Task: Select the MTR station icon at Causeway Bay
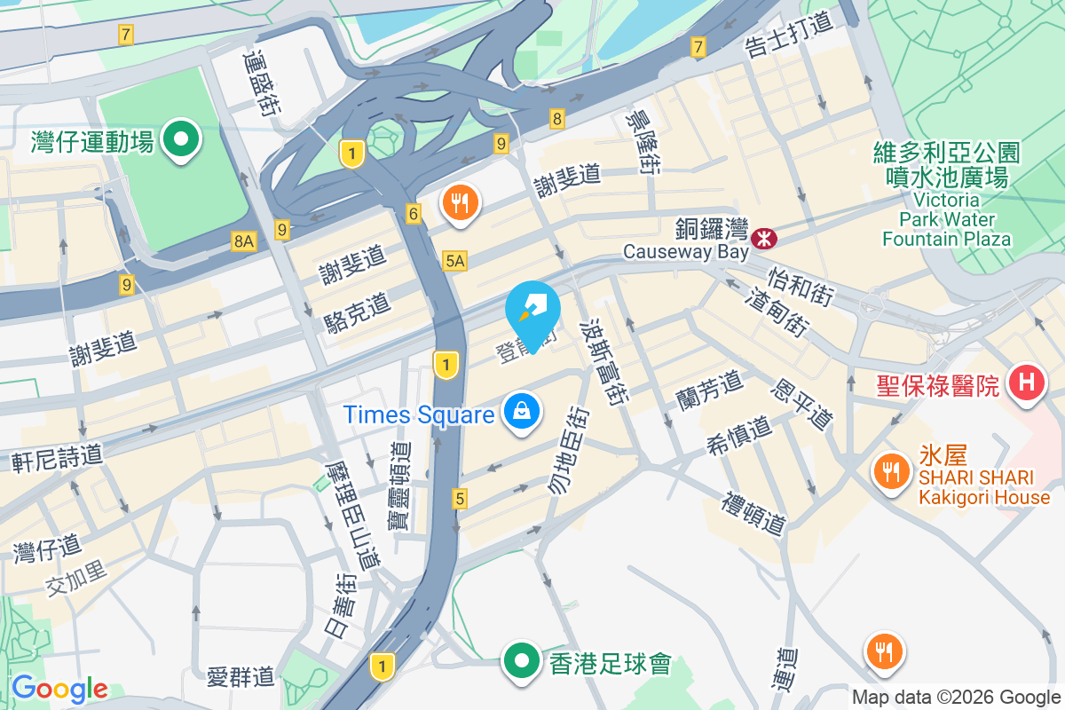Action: point(763,238)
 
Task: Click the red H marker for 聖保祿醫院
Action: point(1027,383)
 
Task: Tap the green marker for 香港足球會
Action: point(522,661)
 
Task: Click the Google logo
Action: point(59,689)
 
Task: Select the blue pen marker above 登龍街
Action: point(532,311)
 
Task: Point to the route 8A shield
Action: point(243,240)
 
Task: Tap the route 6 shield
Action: point(414,213)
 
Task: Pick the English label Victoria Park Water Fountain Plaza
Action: point(946,218)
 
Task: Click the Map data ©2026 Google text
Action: point(956,698)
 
